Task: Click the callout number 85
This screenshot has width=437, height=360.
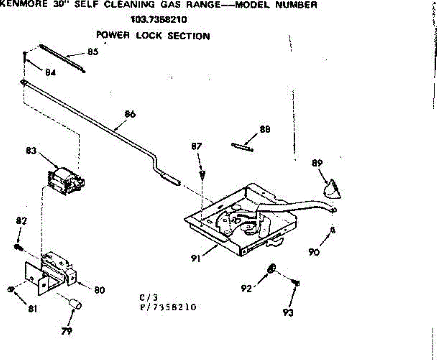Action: click(x=92, y=52)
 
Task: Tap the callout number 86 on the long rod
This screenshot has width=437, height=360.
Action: click(x=130, y=114)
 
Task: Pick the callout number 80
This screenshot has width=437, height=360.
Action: click(x=99, y=290)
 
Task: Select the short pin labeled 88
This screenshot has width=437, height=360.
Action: click(x=242, y=147)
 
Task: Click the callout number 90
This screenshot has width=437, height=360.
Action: click(x=314, y=251)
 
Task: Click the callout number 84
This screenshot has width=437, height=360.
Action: click(x=50, y=72)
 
